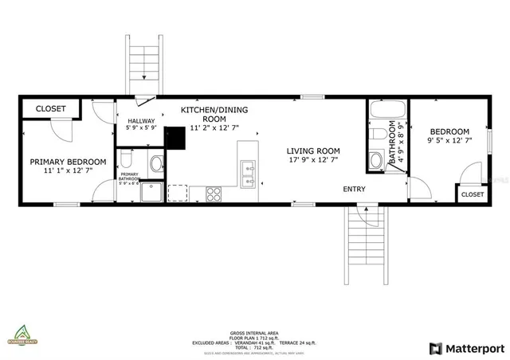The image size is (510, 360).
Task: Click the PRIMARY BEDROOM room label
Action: tap(68, 162)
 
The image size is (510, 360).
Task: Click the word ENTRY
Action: tap(355, 189)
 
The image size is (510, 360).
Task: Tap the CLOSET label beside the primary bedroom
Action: tap(50, 108)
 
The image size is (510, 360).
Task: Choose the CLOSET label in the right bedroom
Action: tap(472, 194)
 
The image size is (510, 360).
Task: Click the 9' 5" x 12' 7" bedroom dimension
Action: tap(449, 141)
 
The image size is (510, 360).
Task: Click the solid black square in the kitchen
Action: tap(175, 138)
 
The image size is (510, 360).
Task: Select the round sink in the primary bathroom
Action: tap(157, 164)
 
